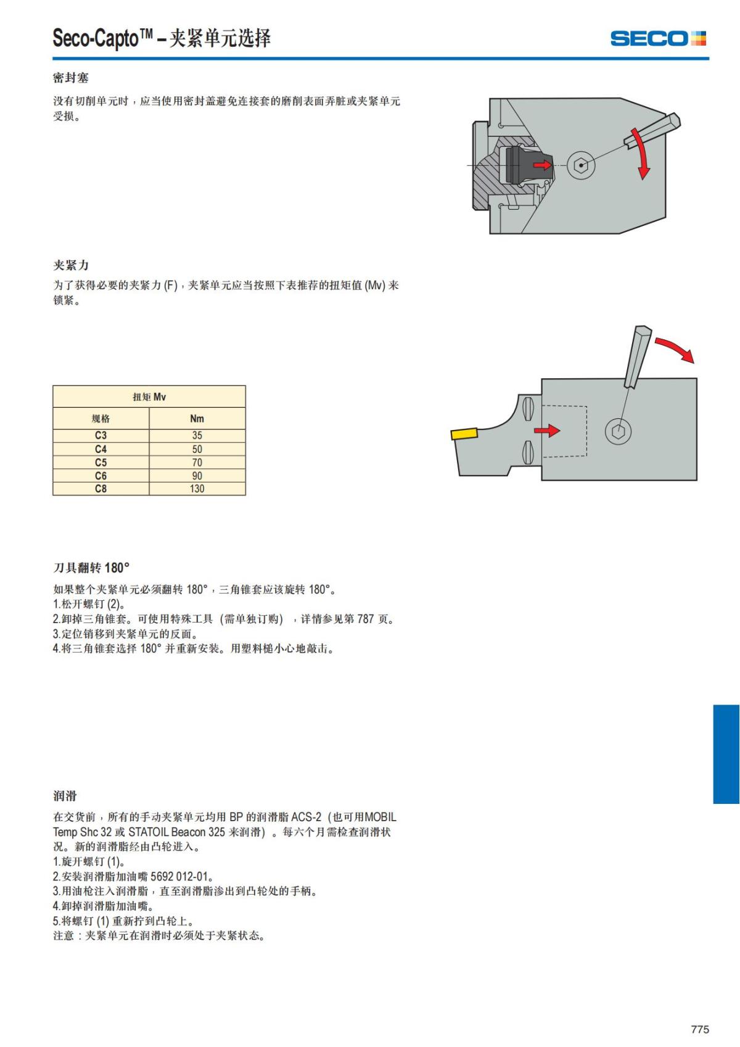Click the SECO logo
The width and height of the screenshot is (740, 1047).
click(658, 38)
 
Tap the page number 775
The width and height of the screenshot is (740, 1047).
click(699, 1028)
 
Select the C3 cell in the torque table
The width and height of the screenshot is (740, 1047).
click(101, 435)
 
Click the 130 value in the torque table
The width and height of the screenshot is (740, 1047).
click(197, 489)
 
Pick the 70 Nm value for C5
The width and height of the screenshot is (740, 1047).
click(197, 462)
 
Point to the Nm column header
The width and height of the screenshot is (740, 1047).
click(197, 418)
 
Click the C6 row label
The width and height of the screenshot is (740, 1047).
click(101, 475)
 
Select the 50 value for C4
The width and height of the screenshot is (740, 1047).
click(197, 449)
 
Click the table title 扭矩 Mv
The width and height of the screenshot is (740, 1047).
click(149, 397)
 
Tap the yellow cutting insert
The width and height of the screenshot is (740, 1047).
click(464, 434)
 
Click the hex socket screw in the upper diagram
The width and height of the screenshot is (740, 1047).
click(581, 165)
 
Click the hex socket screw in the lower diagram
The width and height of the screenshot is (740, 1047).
click(618, 431)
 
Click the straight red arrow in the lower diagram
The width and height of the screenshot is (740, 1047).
click(546, 430)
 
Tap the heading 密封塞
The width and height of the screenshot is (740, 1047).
click(70, 78)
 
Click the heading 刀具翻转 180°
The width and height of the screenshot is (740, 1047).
click(91, 568)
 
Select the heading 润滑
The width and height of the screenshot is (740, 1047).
click(65, 795)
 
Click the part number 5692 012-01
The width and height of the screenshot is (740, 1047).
click(179, 876)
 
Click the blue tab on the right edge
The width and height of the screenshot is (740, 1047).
click(726, 754)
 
